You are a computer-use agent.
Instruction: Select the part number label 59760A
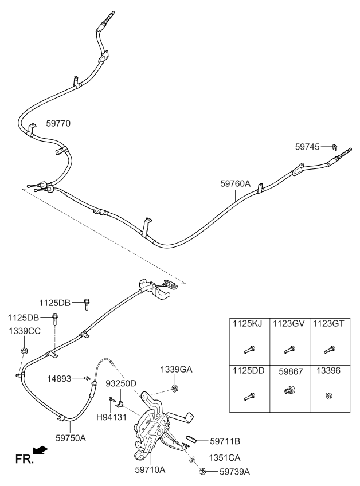click(236, 184)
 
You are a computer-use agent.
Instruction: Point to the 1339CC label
click(25, 331)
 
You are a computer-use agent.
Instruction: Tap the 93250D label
click(120, 383)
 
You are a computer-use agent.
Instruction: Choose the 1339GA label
click(176, 370)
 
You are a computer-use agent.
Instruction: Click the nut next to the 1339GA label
click(175, 389)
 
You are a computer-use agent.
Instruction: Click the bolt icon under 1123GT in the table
click(330, 348)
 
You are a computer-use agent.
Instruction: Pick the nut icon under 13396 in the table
click(330, 395)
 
